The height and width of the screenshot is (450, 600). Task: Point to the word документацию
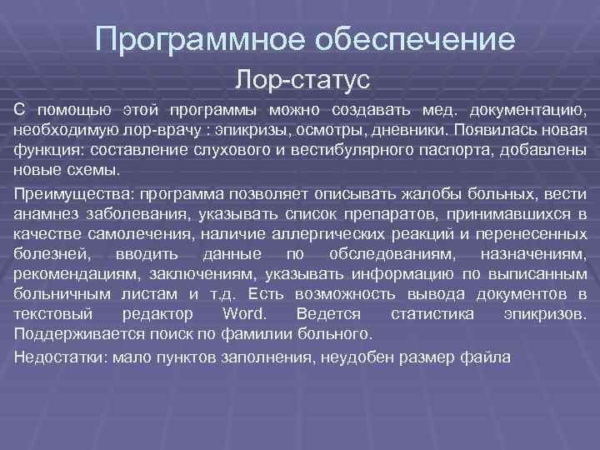point(527,111)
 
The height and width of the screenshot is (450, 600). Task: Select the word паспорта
point(442,151)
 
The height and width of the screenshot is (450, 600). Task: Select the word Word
point(243,315)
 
